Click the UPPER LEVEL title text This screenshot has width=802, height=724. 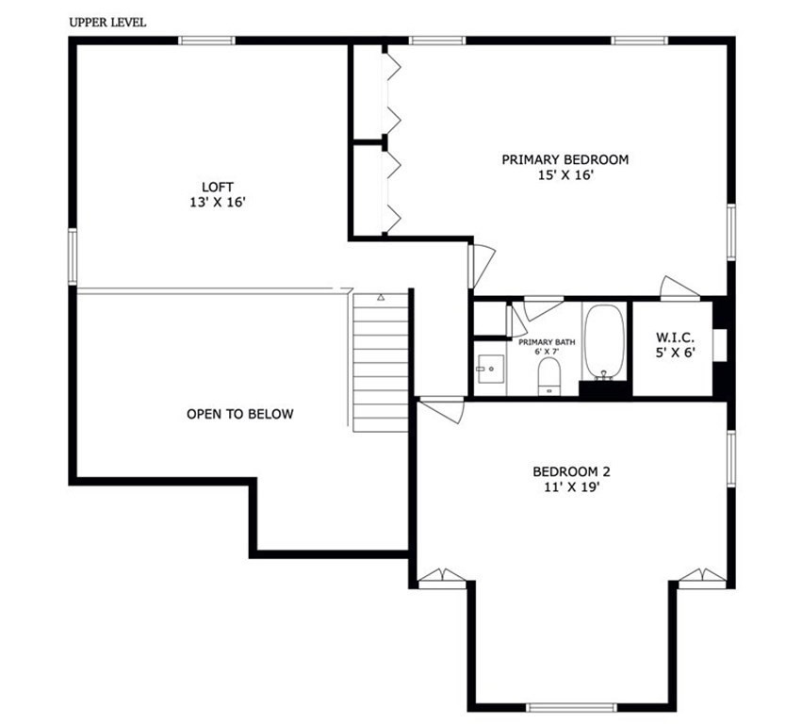tap(107, 22)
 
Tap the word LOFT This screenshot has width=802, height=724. tap(217, 187)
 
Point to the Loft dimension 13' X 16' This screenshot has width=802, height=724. tap(217, 202)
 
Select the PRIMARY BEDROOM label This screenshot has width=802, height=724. tap(565, 159)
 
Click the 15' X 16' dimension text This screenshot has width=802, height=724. tap(565, 175)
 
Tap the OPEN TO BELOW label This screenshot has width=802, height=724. tap(239, 414)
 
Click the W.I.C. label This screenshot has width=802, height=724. tap(675, 337)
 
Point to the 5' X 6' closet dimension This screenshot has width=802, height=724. tap(675, 353)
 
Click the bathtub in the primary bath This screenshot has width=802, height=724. tap(604, 340)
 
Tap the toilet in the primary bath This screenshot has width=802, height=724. tap(548, 378)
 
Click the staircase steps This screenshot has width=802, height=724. tap(382, 363)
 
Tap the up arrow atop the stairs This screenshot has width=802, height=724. tap(382, 297)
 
